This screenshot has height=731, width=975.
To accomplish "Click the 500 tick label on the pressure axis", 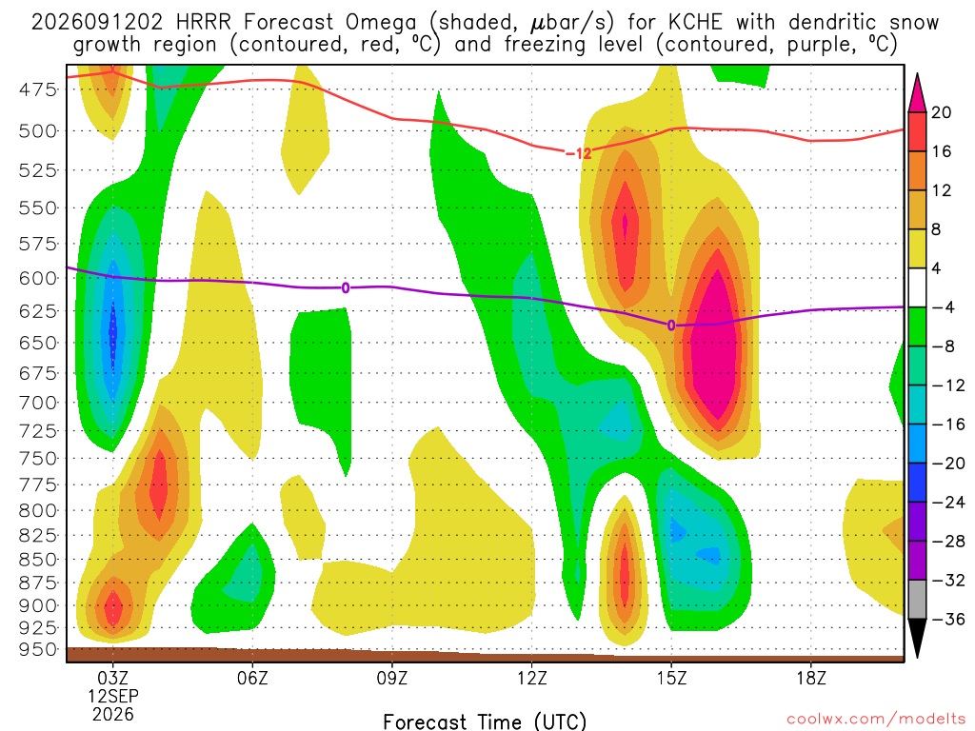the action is (x=38, y=131).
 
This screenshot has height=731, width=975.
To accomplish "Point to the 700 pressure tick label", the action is (x=38, y=403).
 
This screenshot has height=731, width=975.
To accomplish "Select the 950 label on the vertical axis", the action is (x=38, y=649).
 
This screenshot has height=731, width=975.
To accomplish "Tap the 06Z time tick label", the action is (x=252, y=678).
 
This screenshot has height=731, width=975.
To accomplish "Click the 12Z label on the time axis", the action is (x=531, y=678).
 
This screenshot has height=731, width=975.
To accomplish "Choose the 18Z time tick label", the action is (x=811, y=678).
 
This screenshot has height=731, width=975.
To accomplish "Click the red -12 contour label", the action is (x=578, y=153).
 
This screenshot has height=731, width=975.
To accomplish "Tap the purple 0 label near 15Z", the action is (x=671, y=326).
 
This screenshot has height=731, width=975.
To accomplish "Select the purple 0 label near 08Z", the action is (x=345, y=287).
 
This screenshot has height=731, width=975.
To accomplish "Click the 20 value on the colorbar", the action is (x=942, y=112).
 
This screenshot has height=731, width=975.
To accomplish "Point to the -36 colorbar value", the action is (x=947, y=619).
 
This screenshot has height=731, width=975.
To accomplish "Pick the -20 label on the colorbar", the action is (x=947, y=464).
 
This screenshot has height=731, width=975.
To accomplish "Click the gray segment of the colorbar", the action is (x=917, y=600).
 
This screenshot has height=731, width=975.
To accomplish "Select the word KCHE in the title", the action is (x=695, y=23).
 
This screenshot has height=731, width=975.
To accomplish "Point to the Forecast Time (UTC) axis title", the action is (x=485, y=721).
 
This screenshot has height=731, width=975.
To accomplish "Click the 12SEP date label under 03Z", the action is (x=112, y=696).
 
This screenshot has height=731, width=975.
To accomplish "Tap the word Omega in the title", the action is (x=381, y=24).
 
